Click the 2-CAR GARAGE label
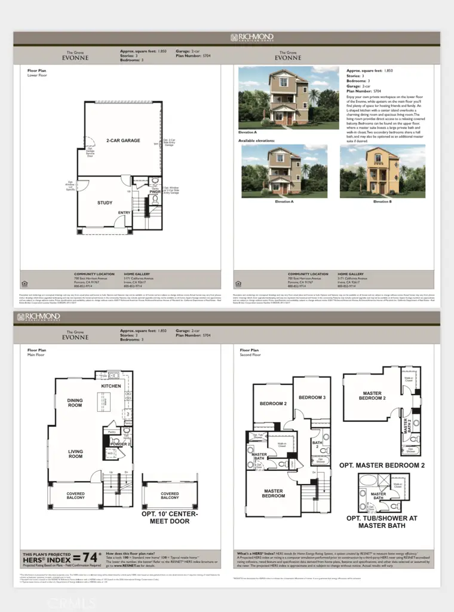(x=123, y=140)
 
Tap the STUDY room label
(x=105, y=203)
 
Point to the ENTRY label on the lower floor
(x=124, y=213)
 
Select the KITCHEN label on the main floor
(x=111, y=386)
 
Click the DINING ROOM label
(x=75, y=403)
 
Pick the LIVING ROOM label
(x=75, y=455)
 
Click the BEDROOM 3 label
(x=311, y=397)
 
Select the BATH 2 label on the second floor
(x=317, y=445)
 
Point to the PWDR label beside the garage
(x=155, y=192)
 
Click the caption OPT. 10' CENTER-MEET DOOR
(x=170, y=518)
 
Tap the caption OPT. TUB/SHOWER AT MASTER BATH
(x=381, y=522)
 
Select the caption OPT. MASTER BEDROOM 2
(x=382, y=465)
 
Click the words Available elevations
(x=257, y=141)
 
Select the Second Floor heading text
(x=250, y=355)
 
